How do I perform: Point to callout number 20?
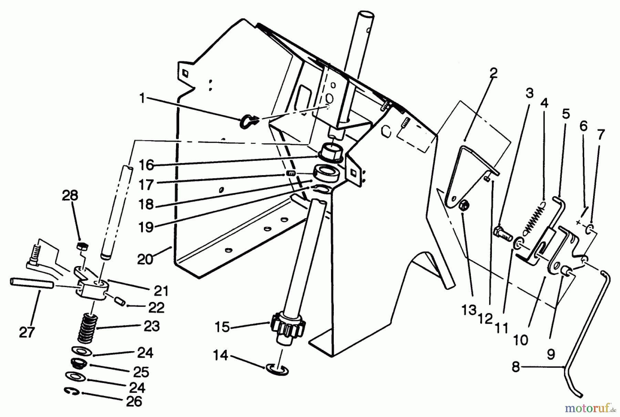145,259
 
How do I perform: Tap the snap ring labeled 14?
277,369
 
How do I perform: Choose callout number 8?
515,367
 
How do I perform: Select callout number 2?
493,73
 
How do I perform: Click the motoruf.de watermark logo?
590,409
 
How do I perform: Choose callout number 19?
146,227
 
